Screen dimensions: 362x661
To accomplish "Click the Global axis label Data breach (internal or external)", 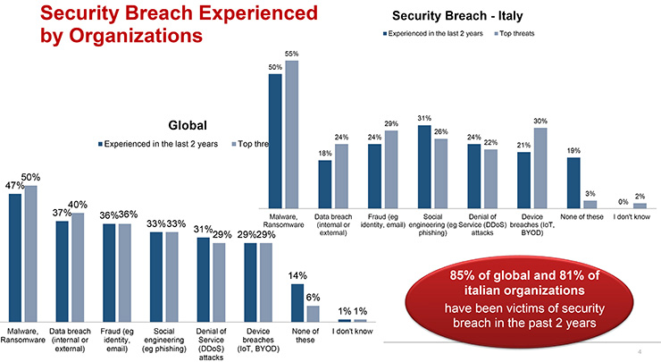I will click(71, 339).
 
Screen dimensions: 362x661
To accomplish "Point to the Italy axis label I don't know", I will click(631, 216).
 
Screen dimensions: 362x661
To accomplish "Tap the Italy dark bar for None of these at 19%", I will click(574, 182).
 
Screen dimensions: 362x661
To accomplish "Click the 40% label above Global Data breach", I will click(78, 205).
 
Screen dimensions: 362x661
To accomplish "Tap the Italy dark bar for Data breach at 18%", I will click(325, 184).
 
